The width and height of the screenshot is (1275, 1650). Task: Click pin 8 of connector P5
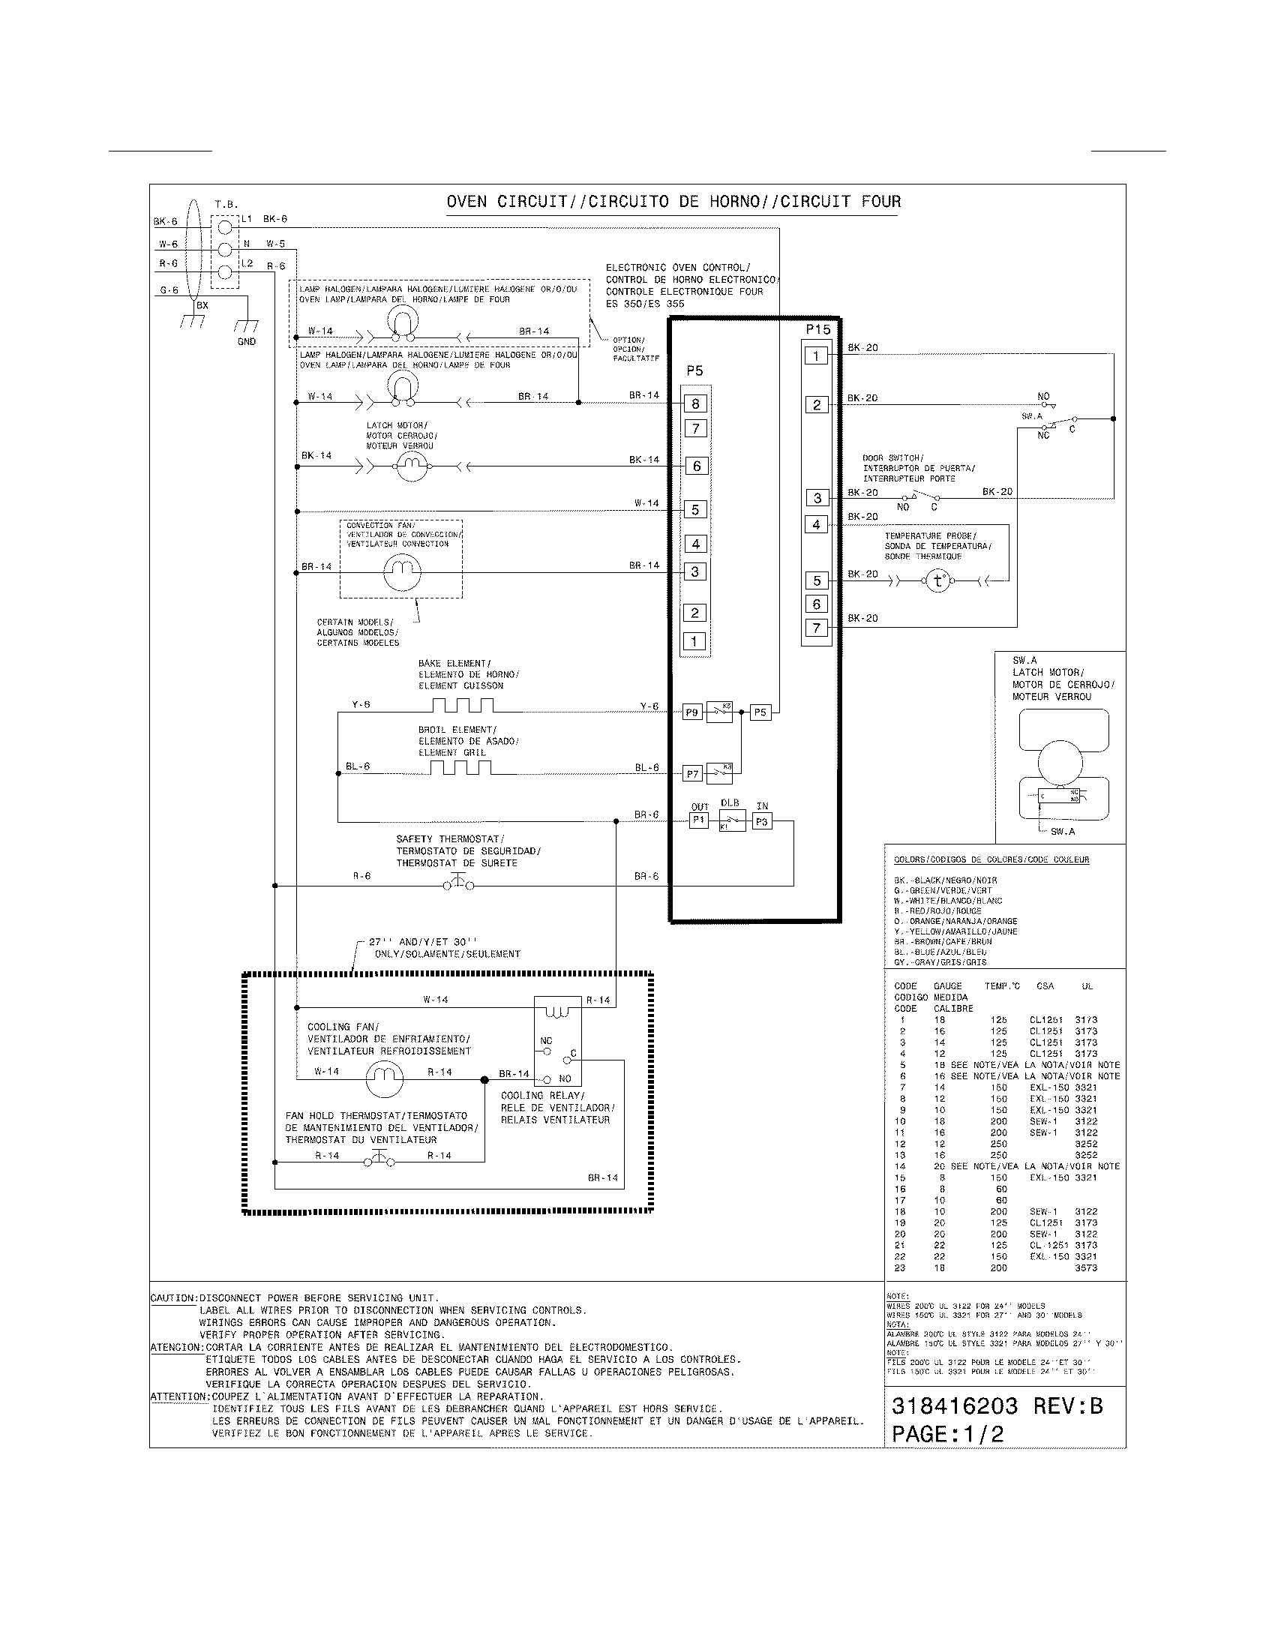[x=695, y=403]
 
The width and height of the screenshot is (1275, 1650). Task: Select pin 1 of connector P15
[x=816, y=355]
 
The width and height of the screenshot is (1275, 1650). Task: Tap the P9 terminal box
[x=692, y=712]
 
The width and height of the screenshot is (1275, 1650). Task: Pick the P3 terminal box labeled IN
[x=761, y=821]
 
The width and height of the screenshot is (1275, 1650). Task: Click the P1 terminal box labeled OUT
[x=699, y=820]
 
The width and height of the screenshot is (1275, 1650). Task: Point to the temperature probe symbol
[x=938, y=580]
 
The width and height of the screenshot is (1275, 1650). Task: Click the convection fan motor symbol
[x=401, y=573]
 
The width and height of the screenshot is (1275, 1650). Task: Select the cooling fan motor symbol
[x=385, y=1076]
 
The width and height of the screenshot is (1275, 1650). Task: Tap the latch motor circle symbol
[x=412, y=467]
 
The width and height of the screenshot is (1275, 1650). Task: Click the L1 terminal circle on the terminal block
[x=224, y=226]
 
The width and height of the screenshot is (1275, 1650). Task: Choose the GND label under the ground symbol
[x=246, y=341]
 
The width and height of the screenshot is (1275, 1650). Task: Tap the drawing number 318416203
[x=955, y=1406]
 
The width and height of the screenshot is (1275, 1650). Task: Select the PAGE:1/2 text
[x=948, y=1434]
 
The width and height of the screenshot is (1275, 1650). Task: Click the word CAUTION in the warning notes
[x=174, y=1298]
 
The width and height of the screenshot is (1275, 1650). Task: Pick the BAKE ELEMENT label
[x=454, y=663]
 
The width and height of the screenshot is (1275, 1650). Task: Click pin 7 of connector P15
[x=816, y=627]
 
